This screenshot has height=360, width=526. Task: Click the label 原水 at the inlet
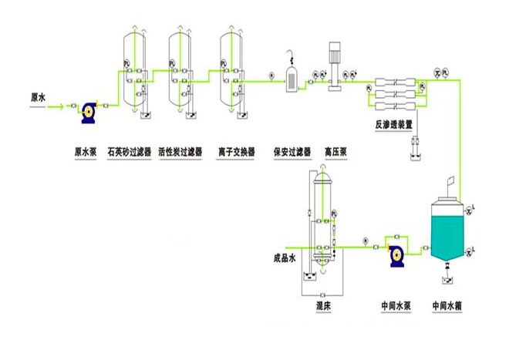[x=39, y=98]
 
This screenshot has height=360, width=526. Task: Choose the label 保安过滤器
[x=292, y=152]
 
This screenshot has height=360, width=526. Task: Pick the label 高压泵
[x=335, y=152]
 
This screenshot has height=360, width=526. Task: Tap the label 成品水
[x=285, y=257]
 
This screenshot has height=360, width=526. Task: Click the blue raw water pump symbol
[x=89, y=113]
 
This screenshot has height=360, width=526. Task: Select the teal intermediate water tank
[x=448, y=231]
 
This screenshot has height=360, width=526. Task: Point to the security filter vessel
[x=293, y=78]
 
